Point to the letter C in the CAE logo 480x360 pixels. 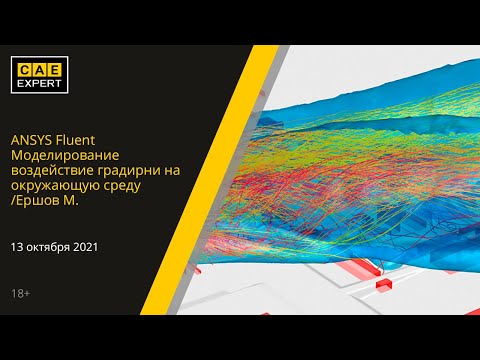pos(26,69)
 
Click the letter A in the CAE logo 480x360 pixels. pos(43,69)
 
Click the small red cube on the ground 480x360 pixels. pos(381,286)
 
